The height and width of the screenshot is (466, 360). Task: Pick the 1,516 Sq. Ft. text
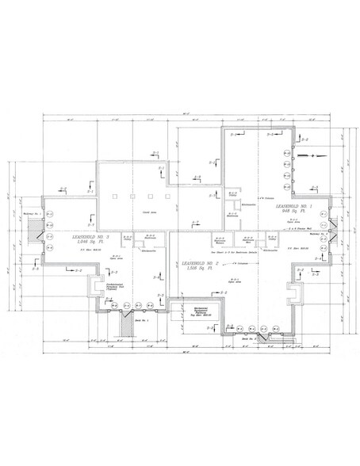200,269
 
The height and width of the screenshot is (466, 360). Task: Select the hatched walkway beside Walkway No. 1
33,231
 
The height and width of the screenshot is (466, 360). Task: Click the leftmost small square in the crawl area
116,195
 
